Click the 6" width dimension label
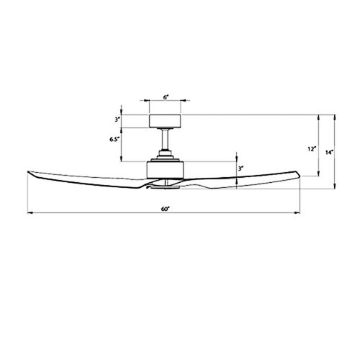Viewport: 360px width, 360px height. [165, 96]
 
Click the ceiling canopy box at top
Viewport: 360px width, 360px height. [165, 120]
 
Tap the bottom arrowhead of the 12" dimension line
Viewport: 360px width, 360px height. [319, 174]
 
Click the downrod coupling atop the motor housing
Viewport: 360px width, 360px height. [165, 154]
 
